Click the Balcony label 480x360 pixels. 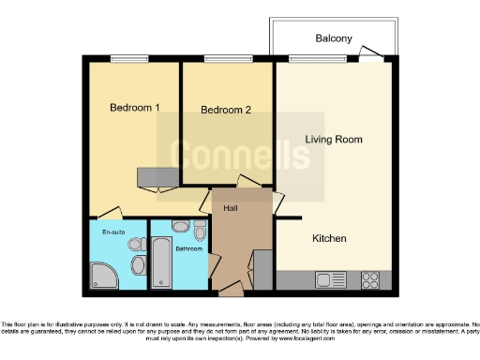point(333,38)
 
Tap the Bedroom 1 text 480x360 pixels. point(134,108)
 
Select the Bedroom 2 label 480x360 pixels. point(226,111)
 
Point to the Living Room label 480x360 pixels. point(333,140)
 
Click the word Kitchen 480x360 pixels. point(329,239)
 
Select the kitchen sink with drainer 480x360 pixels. point(330,278)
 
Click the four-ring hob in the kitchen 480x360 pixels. point(369,278)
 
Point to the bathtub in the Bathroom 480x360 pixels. point(161,266)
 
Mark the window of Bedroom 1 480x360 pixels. point(123,59)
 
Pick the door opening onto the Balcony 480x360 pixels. point(371,59)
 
